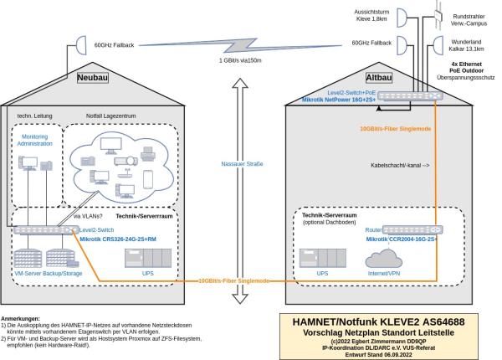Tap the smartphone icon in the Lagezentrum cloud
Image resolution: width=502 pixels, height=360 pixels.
147,179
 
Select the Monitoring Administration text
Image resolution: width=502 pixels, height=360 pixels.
35,139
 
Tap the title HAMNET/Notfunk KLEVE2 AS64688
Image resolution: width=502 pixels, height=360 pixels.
390,321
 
